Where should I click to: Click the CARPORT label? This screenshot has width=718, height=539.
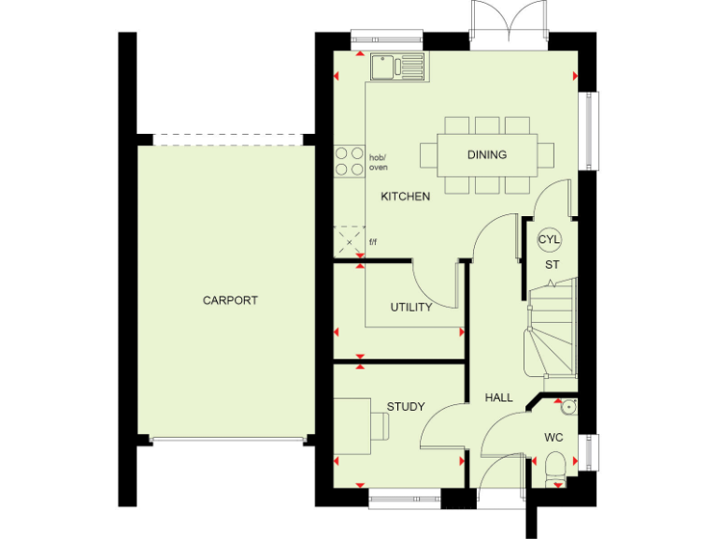230,300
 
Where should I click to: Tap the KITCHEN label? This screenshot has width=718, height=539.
406,197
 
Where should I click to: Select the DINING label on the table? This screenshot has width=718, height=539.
486,155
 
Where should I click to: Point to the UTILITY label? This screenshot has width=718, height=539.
411,308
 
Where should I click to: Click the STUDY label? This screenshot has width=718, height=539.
406,406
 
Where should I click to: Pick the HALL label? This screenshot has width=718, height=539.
498,398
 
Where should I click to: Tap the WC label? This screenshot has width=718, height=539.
553,437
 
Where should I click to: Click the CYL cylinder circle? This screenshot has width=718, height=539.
549,240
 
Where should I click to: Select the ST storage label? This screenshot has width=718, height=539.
553,265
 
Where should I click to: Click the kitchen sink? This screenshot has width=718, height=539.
396,66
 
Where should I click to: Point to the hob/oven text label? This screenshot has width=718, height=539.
378,162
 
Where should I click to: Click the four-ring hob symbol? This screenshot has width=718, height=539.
350,161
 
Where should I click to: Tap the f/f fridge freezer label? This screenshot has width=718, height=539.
373,242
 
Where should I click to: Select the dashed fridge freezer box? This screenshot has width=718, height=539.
350,241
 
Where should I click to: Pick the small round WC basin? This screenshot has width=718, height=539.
567,407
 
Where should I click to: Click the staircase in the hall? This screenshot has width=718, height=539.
552,332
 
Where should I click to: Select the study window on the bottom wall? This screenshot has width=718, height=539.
404,499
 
